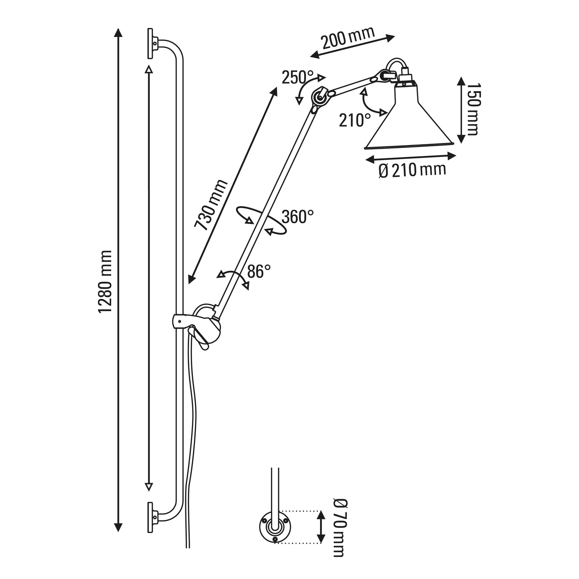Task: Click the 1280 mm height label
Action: [x=105, y=282]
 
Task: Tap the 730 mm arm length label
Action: [x=211, y=205]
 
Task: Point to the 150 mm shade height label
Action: [x=473, y=109]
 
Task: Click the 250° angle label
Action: [x=297, y=77]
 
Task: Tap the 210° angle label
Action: [x=355, y=120]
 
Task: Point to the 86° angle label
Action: [x=259, y=271]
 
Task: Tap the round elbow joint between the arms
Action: [x=319, y=97]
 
